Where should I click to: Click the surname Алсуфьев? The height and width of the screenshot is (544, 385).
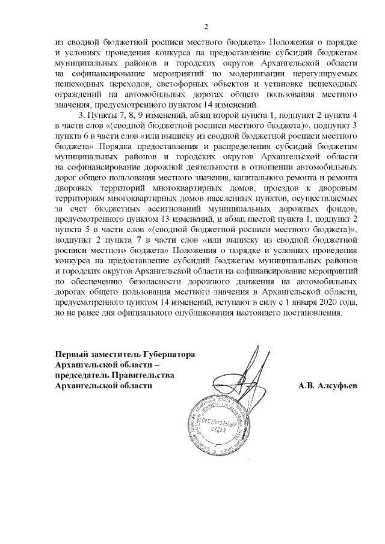(x=335, y=385)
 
